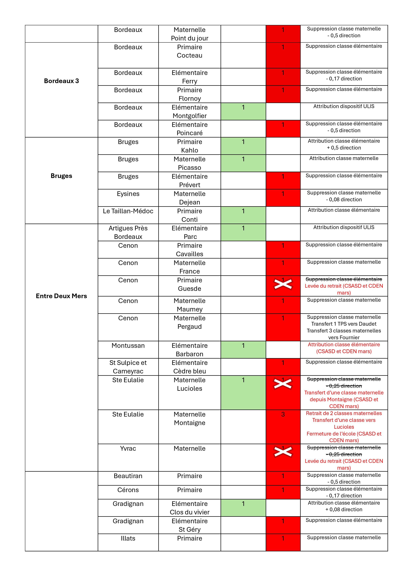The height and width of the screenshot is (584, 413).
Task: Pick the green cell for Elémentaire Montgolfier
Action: click(243, 111)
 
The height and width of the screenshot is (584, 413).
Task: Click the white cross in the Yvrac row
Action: click(283, 452)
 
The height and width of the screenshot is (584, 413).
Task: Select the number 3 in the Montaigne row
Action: click(283, 414)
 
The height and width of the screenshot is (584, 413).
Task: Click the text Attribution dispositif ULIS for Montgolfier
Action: click(344, 106)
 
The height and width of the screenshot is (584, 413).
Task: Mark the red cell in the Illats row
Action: click(283, 542)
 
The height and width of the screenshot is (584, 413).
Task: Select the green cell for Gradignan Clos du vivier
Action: click(243, 508)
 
